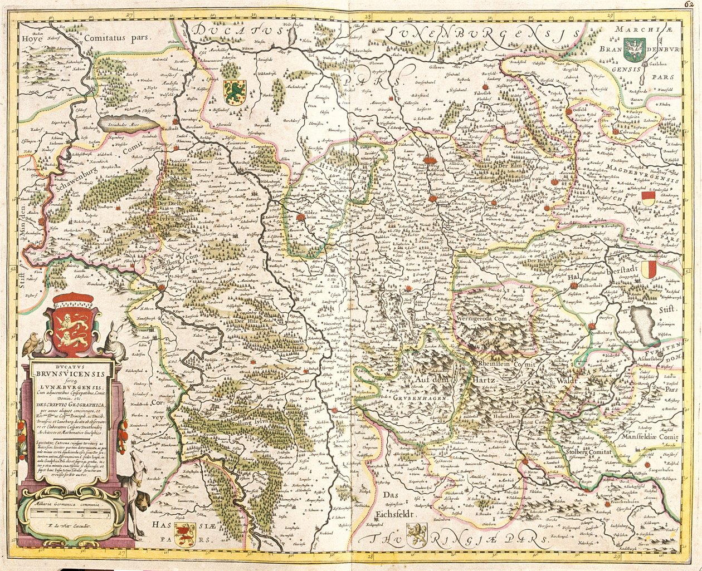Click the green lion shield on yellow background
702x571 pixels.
pos(234,92)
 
